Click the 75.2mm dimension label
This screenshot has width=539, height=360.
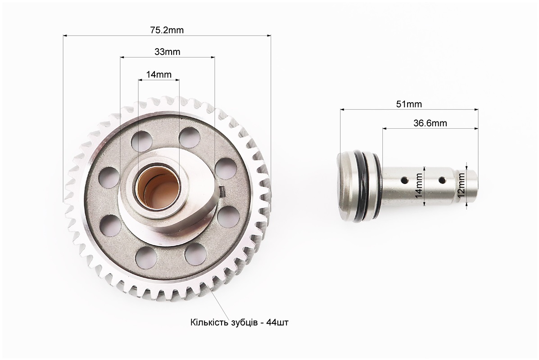pyautogui.click(x=167, y=30)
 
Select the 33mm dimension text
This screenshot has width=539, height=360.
pyautogui.click(x=168, y=52)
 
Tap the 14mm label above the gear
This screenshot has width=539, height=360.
pyautogui.click(x=159, y=74)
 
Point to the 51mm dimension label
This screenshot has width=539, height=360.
pyautogui.click(x=409, y=104)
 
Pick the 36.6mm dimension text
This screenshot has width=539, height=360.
pyautogui.click(x=430, y=123)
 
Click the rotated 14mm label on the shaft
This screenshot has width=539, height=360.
pyautogui.click(x=418, y=185)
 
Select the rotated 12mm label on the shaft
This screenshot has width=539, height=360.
pyautogui.click(x=461, y=184)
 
